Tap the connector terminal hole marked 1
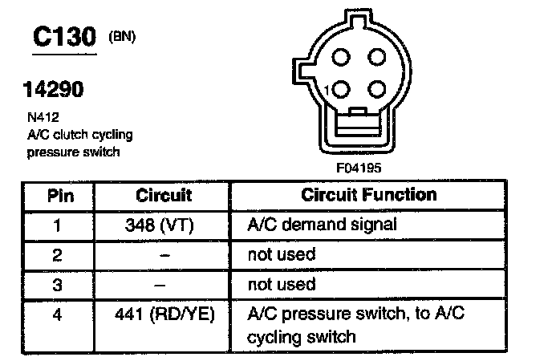340,88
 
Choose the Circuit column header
164,196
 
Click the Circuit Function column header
369,196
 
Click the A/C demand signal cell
321,225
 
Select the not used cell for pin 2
282,255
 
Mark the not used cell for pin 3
282,284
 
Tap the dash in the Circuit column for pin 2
164,255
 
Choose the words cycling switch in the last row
301,336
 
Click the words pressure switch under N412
73,152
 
